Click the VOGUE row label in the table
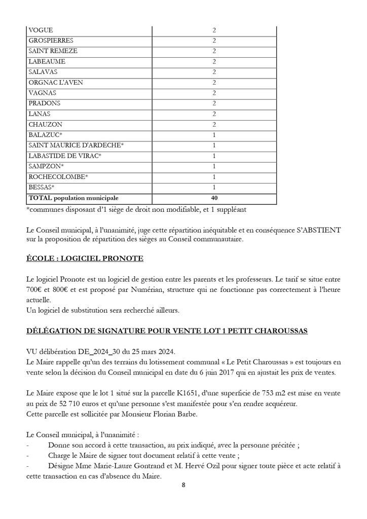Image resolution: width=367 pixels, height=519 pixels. [41, 30]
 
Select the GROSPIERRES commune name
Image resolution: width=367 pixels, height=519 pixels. [51, 41]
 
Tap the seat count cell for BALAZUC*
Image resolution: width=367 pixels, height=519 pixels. [214, 135]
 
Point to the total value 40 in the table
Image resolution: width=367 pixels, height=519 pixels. [214, 198]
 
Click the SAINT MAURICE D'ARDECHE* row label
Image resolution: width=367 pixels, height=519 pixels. [77, 145]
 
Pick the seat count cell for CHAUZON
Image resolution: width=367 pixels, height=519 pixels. [214, 124]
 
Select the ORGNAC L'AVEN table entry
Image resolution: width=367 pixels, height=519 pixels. [56, 83]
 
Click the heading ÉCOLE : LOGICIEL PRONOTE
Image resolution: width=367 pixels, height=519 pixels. [85, 259]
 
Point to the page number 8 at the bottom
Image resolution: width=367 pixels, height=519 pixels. [183, 485]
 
